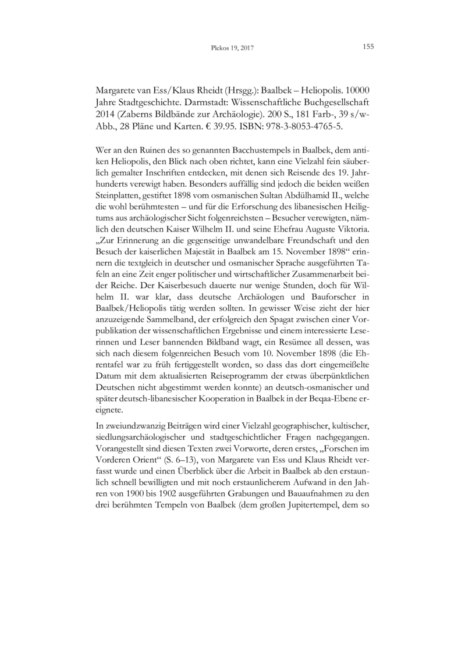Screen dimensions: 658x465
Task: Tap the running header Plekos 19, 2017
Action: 232,48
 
